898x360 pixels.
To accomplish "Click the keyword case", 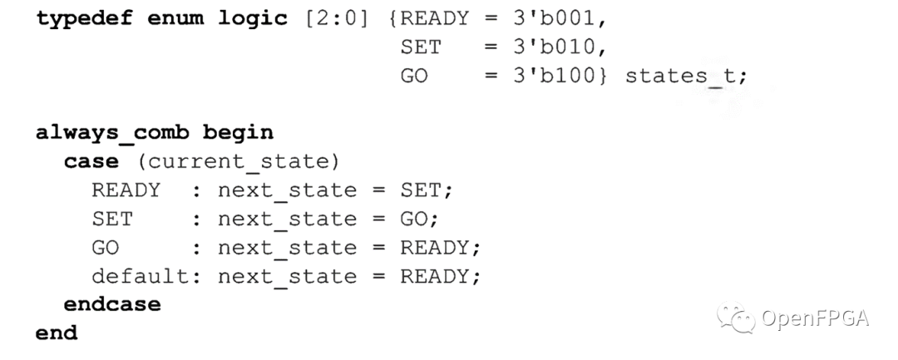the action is pyautogui.click(x=91, y=160).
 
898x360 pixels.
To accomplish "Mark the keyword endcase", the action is pyautogui.click(x=113, y=303).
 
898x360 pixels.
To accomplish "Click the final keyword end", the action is pyautogui.click(x=57, y=333).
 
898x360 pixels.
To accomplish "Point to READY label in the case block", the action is pyautogui.click(x=126, y=190).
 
